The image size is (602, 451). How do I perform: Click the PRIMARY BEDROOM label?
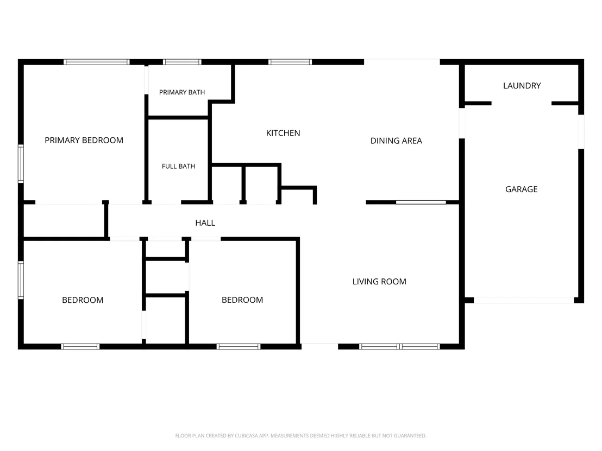84,141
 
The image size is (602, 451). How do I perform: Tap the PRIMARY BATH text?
182,92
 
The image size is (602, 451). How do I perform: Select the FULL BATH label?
179,167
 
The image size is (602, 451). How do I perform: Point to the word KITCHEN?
283,133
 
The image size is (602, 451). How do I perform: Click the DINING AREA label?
396,141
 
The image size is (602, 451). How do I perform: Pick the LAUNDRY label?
522,86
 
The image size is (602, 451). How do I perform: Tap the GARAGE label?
522,189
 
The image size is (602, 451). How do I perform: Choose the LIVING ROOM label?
379,282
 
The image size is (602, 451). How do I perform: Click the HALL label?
205,223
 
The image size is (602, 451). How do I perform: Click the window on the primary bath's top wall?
182,62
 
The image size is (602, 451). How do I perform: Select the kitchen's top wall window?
290,62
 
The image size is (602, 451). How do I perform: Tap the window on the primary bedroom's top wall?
96,62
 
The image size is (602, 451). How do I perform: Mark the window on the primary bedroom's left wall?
21,164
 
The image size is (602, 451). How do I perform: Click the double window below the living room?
399,347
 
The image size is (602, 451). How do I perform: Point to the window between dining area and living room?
421,202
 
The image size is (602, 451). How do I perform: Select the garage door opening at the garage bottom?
524,300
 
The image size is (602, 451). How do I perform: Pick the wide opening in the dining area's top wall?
402,62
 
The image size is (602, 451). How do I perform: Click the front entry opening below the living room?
319,347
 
